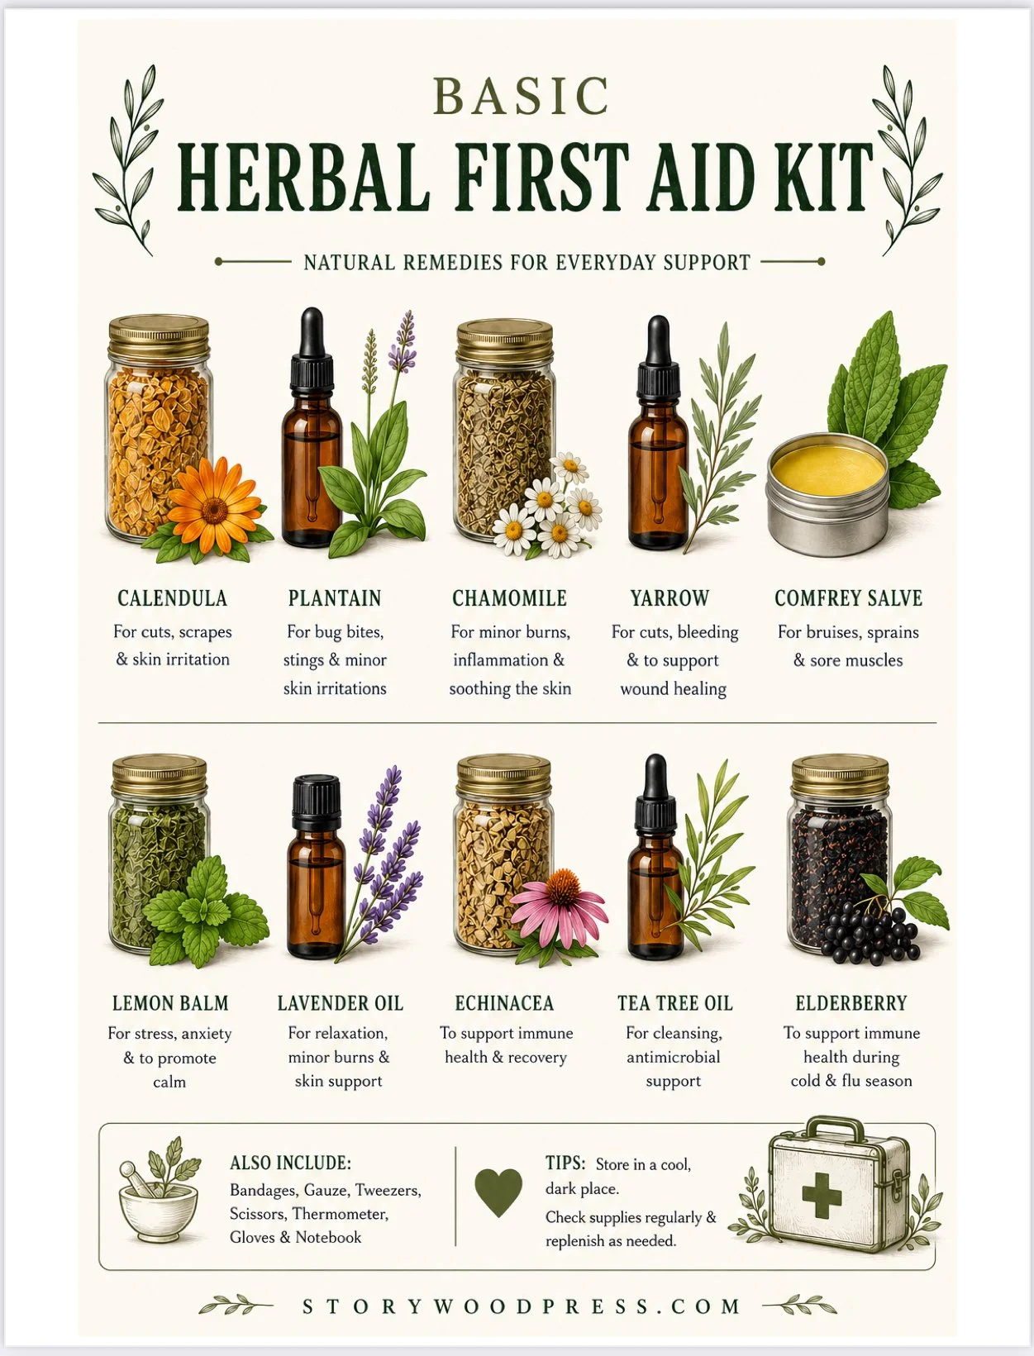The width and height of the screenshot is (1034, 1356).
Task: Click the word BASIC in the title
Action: (522, 96)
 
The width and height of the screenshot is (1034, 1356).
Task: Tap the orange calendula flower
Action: (214, 507)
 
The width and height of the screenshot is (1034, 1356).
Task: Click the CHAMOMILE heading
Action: (510, 598)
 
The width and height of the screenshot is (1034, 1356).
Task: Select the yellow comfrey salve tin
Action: (827, 491)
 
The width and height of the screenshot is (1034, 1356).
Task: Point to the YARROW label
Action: (670, 598)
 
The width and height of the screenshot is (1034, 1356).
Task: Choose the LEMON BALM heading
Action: (170, 1002)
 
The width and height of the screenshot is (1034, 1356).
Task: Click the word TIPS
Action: (565, 1163)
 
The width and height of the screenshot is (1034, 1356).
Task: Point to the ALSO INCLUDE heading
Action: (290, 1163)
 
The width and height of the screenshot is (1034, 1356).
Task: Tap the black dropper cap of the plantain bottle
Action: (312, 349)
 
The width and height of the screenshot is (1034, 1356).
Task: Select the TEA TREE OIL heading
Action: (675, 1002)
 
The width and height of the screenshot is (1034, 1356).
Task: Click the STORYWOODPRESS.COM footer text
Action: (522, 1306)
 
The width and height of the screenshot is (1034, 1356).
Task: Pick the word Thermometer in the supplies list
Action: (341, 1214)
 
